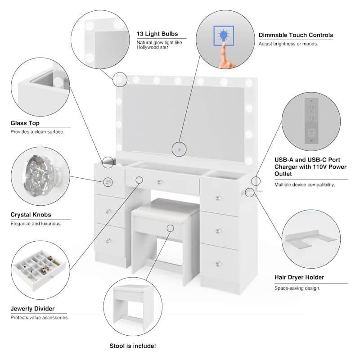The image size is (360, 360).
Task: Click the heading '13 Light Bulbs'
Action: pos(157,34)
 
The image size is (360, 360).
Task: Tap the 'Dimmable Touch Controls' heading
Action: pos(296,35)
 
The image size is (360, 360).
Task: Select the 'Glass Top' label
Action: pos(25,123)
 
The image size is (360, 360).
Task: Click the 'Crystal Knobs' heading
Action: pos(31,215)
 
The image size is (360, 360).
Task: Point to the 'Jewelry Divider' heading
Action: pos(32,309)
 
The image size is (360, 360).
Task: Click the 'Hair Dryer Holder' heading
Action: pos(299,277)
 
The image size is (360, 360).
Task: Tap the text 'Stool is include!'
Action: pos(133,346)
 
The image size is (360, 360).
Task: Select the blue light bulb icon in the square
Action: pos(223,36)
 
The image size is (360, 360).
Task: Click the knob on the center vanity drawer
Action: pos(160,182)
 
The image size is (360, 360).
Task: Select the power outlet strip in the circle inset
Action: pos(310,119)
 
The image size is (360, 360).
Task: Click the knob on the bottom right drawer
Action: pos(218,263)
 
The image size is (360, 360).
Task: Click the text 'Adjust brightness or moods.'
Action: pos(288,44)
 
